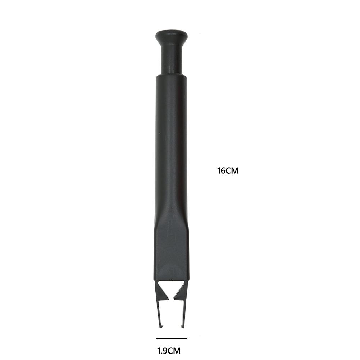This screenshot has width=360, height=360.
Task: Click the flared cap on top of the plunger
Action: [x=171, y=36]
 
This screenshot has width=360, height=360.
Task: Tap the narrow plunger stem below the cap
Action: [x=171, y=59]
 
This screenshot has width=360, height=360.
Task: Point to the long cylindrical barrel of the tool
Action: [x=171, y=144]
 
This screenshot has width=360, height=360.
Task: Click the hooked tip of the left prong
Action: [x=161, y=325]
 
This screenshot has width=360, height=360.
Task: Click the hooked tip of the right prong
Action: [x=182, y=325]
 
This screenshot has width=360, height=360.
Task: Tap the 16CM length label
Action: [x=228, y=171]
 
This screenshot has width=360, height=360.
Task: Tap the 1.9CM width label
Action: [x=169, y=350]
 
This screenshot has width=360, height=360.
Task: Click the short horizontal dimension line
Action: [x=172, y=338]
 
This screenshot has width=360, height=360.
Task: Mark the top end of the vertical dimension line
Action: [x=200, y=33]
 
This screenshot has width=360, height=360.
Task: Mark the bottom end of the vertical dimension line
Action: [x=200, y=336]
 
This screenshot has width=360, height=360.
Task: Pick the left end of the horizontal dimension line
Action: [x=157, y=338]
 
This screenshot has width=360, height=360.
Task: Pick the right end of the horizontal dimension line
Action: [x=187, y=338]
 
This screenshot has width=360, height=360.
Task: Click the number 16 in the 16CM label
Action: [x=221, y=171]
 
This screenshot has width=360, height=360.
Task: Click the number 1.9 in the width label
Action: [x=163, y=350]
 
